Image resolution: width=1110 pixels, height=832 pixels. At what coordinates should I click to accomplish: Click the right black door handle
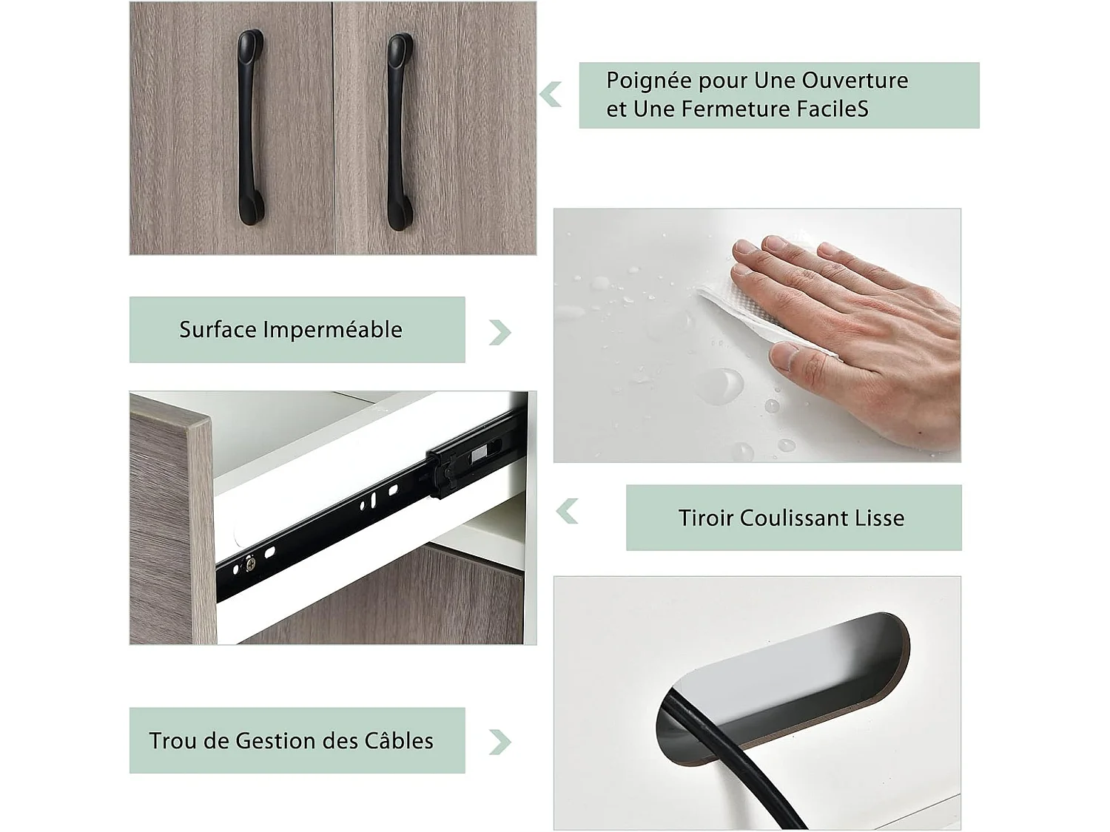click(x=400, y=132)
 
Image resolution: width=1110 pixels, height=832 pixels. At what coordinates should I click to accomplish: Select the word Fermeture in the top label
click(x=736, y=109)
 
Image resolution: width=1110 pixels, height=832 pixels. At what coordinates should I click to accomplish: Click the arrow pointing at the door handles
click(x=551, y=95)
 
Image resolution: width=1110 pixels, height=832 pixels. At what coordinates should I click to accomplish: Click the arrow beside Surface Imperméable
click(x=500, y=332)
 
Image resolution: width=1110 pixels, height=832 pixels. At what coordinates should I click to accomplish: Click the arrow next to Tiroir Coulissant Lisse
click(x=567, y=511)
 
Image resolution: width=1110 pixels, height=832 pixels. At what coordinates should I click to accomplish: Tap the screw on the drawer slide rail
click(x=250, y=564)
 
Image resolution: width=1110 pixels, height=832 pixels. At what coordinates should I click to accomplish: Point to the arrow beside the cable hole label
click(x=500, y=742)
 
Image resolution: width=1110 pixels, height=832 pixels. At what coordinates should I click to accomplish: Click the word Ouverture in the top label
click(x=855, y=81)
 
